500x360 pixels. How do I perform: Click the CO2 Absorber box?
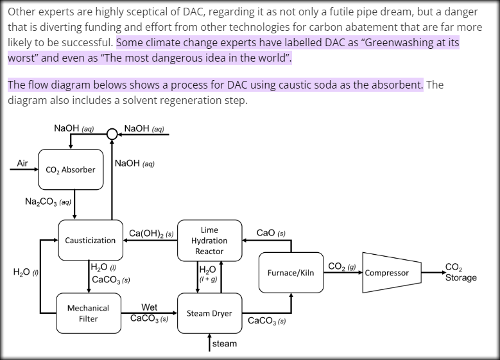tap(71, 169)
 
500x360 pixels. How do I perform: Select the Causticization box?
tap(91, 240)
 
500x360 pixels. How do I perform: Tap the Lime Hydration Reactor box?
tap(209, 240)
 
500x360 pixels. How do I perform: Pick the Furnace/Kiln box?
tap(291, 273)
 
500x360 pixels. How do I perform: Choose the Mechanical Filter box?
tap(88, 313)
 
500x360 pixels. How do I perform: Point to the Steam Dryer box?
tap(209, 313)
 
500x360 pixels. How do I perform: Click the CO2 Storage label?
tap(460, 273)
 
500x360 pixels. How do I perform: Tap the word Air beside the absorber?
tap(22, 164)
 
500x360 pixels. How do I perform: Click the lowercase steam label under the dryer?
tap(225, 343)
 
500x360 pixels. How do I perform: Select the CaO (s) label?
tap(271, 233)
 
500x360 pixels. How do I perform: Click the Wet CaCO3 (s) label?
tap(149, 313)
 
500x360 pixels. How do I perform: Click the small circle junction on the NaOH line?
tap(112, 134)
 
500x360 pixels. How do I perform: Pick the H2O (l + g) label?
tap(209, 274)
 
